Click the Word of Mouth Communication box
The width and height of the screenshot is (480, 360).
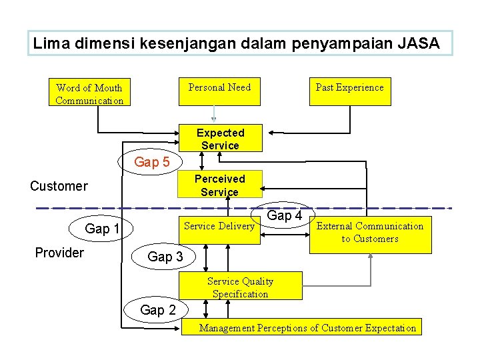(89, 93)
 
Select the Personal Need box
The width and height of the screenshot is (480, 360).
(219, 87)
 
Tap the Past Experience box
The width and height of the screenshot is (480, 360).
(349, 87)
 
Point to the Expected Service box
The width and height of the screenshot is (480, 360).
(220, 139)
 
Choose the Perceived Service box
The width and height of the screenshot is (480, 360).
(219, 185)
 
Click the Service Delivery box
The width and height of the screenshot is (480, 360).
(219, 226)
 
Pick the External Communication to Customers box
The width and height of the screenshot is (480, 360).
(370, 233)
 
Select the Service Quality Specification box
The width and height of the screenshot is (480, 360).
(240, 287)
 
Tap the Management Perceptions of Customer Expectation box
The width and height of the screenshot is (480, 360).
(308, 327)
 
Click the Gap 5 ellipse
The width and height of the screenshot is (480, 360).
(152, 162)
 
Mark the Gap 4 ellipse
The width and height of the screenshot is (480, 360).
(285, 215)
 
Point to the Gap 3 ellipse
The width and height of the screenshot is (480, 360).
(165, 257)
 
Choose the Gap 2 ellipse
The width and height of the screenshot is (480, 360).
(158, 310)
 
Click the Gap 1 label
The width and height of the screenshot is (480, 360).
(102, 229)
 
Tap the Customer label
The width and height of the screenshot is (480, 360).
(59, 186)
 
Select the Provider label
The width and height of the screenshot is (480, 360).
(59, 253)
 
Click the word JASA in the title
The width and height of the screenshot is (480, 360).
(418, 44)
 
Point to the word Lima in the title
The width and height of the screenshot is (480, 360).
(51, 44)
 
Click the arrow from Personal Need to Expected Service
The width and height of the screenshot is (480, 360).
(213, 113)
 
